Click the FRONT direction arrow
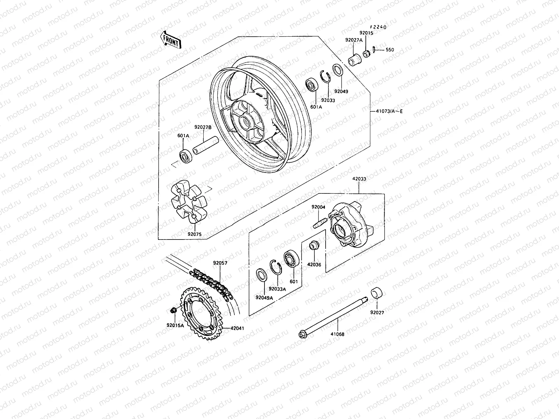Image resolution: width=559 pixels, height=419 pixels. (x=170, y=39)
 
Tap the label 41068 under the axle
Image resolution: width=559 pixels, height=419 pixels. (x=337, y=334)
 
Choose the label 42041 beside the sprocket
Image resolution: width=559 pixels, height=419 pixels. (x=237, y=328)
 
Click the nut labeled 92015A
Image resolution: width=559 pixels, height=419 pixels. (x=173, y=310)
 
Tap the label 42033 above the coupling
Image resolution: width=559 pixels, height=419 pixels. (x=359, y=179)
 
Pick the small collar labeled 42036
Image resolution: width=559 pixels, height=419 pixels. (x=314, y=246)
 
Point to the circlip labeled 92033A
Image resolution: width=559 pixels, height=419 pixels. (x=276, y=268)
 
